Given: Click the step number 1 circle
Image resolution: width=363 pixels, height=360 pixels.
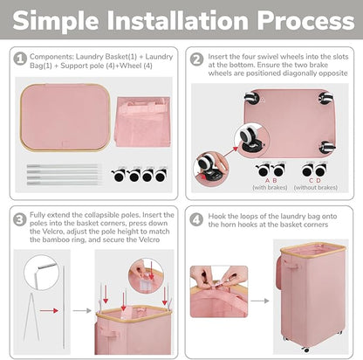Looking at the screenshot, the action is (20, 59).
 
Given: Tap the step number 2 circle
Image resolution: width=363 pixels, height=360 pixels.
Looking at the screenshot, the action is (197, 59).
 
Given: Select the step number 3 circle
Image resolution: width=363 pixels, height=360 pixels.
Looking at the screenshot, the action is (20, 219).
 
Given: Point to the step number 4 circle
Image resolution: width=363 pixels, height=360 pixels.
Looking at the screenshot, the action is (196, 219).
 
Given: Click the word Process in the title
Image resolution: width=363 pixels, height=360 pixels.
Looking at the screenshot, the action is (305, 20).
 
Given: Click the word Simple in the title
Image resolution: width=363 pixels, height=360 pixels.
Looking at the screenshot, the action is (55, 20).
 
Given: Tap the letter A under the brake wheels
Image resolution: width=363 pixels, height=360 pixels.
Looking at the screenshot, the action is (267, 181).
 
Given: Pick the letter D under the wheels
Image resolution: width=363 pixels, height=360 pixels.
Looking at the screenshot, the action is (318, 181).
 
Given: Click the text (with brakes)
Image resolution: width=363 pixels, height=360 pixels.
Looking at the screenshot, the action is (270, 188).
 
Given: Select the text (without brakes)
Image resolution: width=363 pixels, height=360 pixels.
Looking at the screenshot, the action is (316, 188).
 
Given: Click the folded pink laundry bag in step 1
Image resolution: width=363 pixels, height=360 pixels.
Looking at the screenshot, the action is (143, 121).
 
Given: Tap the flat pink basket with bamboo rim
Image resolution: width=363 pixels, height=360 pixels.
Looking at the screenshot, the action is (65, 118).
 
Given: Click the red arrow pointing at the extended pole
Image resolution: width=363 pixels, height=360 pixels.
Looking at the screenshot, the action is (49, 311).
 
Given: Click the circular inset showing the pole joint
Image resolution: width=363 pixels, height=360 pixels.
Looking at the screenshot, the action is (41, 273).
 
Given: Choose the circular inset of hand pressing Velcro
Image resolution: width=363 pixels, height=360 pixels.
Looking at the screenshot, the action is (146, 275).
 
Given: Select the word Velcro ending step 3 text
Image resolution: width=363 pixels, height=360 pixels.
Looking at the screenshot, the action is (148, 240).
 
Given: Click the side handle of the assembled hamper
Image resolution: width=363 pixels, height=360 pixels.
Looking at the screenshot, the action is (293, 267).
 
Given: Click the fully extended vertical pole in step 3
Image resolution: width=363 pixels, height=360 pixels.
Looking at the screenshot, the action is (64, 307).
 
